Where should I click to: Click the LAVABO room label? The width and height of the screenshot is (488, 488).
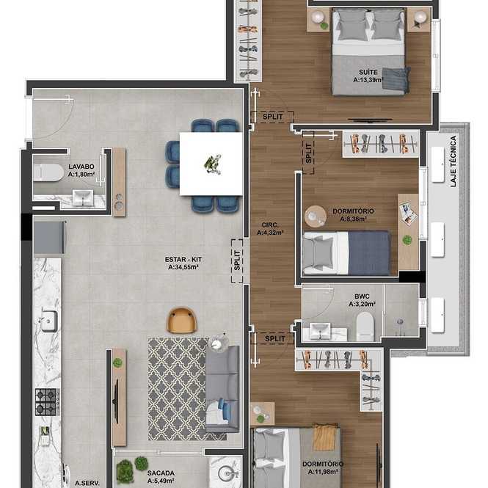[81, 167]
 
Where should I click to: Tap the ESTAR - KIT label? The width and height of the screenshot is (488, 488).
[183, 259]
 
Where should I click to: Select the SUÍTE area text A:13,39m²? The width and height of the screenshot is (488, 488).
[368, 80]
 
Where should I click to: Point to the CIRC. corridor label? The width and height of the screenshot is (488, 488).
[270, 225]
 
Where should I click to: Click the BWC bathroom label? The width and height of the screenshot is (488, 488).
[362, 296]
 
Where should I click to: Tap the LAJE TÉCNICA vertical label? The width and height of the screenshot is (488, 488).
[454, 161]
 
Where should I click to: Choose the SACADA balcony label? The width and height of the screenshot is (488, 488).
[161, 473]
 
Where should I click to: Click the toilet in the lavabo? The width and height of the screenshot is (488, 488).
[48, 172]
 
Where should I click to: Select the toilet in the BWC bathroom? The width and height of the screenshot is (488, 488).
[365, 326]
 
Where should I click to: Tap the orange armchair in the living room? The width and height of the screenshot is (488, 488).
[182, 320]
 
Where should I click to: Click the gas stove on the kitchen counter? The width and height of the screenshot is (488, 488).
[47, 402]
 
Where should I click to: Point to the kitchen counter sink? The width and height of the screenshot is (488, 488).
[49, 321]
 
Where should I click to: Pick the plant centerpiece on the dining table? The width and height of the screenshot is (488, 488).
[213, 164]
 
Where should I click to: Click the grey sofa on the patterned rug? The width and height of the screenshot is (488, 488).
[222, 389]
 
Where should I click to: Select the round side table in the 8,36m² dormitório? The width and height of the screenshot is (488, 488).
[316, 216]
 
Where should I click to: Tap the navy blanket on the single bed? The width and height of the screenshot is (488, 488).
[369, 252]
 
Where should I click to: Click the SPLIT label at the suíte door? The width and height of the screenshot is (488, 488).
[273, 117]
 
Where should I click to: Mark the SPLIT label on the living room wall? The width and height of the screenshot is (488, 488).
[237, 261]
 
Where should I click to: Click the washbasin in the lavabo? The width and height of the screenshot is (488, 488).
[83, 198]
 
